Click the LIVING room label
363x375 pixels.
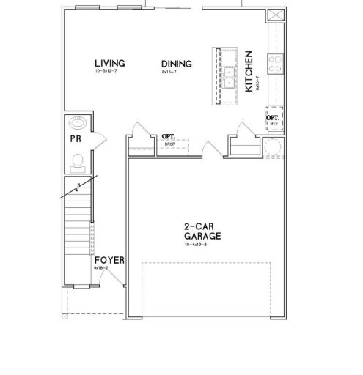tap(109, 63)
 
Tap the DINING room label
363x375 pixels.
tap(176, 64)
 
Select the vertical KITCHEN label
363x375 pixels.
tap(249, 71)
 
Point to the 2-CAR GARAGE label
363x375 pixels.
tap(203, 231)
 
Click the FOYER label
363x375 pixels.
tap(109, 260)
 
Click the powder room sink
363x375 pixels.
tap(78, 122)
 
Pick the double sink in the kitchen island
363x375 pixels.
tap(230, 73)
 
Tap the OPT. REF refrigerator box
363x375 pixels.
tap(274, 119)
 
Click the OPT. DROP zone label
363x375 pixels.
tap(169, 139)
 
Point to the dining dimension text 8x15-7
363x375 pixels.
tap(171, 72)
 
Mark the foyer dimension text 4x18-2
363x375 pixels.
tap(101, 268)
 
